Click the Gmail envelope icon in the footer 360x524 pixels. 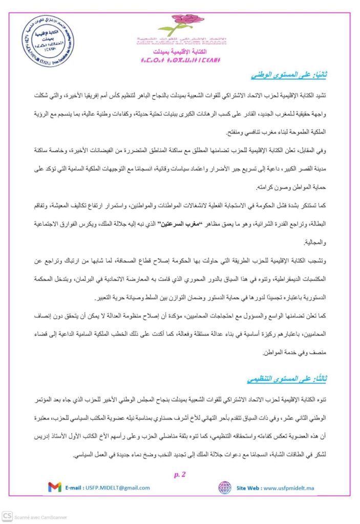click(x=55, y=488)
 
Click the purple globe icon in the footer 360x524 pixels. click(x=224, y=488)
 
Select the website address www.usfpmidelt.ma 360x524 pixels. click(x=288, y=488)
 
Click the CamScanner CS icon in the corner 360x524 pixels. click(x=7, y=516)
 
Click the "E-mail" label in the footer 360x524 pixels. click(x=76, y=488)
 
